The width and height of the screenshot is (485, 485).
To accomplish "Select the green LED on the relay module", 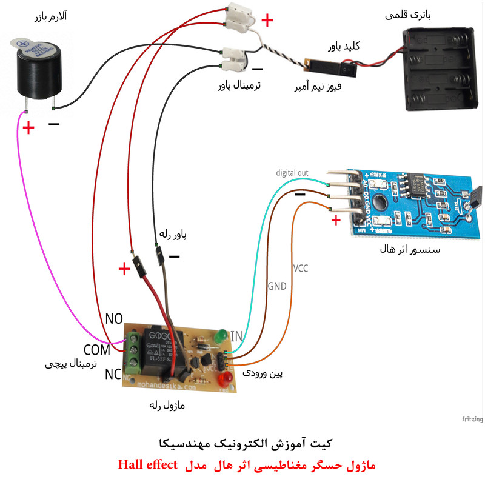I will tap(219, 335).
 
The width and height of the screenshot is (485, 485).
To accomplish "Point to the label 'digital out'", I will tap(292, 173).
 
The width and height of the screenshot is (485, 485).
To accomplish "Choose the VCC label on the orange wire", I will tap(301, 267).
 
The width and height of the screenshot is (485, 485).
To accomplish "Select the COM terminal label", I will tap(97, 350).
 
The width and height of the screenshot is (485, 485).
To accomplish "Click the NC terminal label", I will tap(113, 374).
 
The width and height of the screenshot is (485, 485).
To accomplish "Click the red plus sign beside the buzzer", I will tap(27, 128).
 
